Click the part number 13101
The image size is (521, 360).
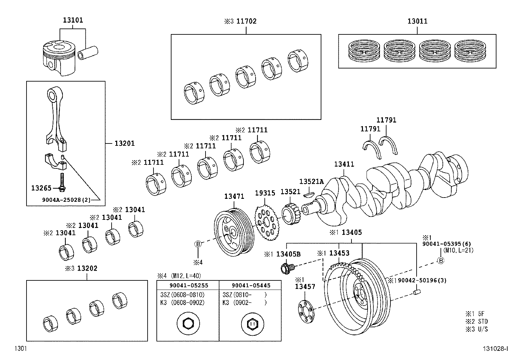pos(73,20)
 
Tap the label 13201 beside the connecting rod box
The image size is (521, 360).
pos(124,143)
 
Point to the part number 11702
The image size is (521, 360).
pos(246,21)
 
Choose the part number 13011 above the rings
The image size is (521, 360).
pos(417,21)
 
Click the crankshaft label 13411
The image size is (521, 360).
pos(344,164)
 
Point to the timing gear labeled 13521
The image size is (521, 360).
pos(290,215)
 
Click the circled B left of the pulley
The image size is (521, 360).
pos(198,244)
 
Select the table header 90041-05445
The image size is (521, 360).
pos(251,285)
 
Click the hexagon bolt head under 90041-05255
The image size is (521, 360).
pos(188,324)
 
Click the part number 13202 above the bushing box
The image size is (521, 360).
pos(87,268)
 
